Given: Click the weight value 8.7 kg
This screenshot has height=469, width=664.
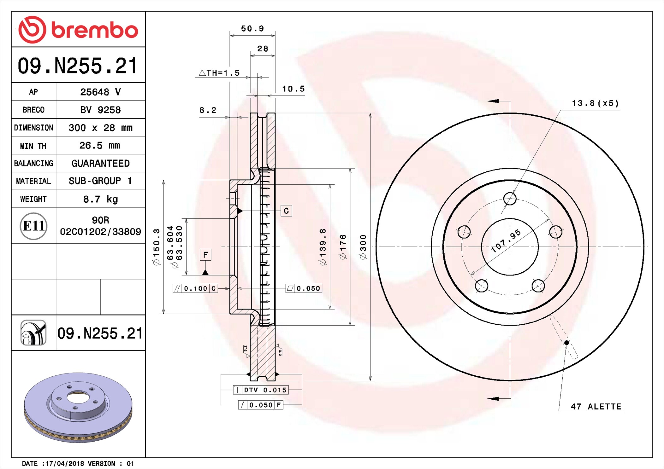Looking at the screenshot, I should [100, 199].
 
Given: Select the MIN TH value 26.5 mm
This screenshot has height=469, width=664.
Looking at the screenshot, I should [100, 146].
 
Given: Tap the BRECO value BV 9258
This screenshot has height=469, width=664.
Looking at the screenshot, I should [100, 110].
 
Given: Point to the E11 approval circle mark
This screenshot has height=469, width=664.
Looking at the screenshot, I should [33, 226].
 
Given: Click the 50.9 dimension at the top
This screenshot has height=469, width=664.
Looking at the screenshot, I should [252, 29].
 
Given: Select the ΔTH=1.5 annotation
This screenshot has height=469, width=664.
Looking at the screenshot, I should [220, 73].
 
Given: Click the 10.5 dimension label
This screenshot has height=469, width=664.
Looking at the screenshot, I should [293, 89].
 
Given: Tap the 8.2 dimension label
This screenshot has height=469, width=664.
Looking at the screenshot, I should [208, 110].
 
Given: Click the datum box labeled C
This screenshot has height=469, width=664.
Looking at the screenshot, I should [286, 211].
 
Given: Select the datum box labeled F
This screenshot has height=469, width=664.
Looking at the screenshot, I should [205, 255].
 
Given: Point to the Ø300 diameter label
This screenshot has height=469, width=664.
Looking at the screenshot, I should [363, 247].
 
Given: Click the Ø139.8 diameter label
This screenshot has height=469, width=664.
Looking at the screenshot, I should [323, 247].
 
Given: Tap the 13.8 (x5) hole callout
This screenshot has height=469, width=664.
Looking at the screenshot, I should [595, 103].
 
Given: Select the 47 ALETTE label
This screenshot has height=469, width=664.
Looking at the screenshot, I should [596, 407].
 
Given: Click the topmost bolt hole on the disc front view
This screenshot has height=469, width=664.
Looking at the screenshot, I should [510, 199].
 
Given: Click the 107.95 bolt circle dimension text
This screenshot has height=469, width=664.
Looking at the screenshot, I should [506, 241].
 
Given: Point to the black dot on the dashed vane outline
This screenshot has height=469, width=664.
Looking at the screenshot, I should [567, 343].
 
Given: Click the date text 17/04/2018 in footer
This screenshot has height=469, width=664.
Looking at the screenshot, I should [65, 464].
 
